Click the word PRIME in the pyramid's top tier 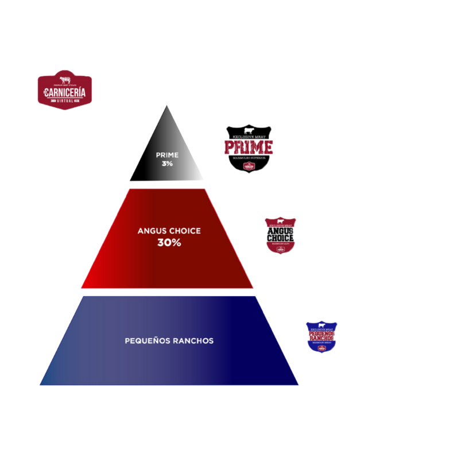click(x=167, y=155)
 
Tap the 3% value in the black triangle click(x=167, y=164)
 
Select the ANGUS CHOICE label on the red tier click(x=169, y=231)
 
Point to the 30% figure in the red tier click(x=169, y=243)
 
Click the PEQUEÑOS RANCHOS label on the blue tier click(x=169, y=341)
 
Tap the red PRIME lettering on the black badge click(x=249, y=148)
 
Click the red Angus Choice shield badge click(x=280, y=235)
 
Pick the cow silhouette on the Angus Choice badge click(x=280, y=221)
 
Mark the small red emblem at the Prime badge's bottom click(x=249, y=166)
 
